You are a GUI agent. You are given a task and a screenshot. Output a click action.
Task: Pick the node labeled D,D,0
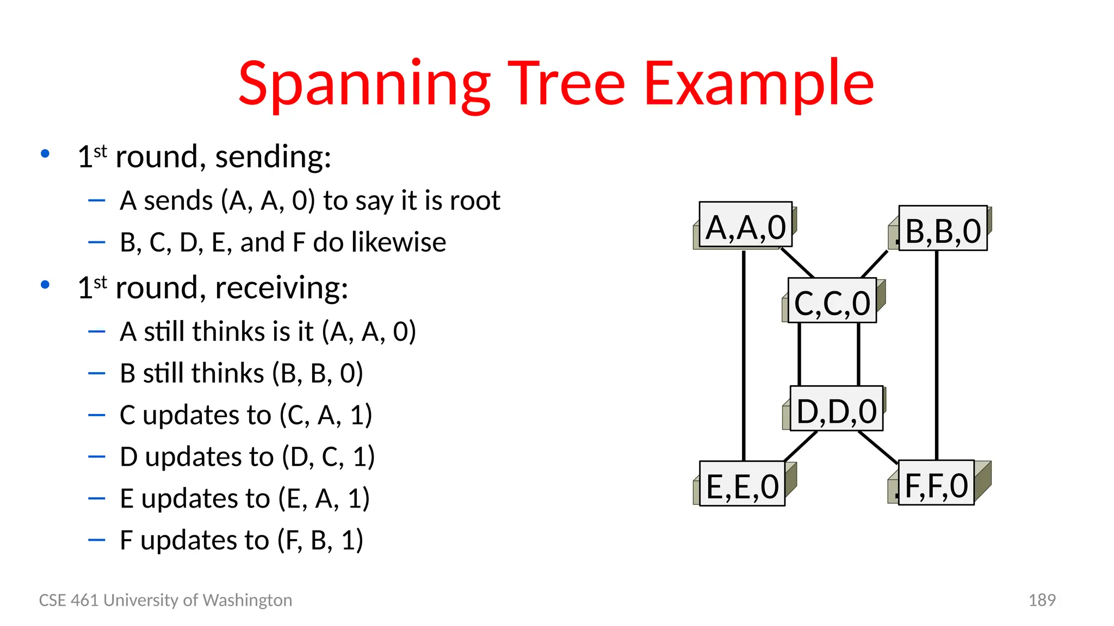click(836, 409)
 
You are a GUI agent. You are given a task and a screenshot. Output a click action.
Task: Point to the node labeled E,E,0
click(742, 484)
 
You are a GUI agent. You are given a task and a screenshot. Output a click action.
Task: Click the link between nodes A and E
click(744, 353)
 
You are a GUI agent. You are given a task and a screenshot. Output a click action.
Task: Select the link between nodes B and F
click(937, 353)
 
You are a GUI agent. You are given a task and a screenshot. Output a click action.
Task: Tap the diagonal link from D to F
click(878, 447)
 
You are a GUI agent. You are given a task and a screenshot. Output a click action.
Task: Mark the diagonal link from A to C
click(797, 263)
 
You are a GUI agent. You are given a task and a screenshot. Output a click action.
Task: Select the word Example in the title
click(758, 84)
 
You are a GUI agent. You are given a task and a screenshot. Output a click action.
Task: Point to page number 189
click(1042, 600)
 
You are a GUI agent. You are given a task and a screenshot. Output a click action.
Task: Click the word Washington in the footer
click(247, 600)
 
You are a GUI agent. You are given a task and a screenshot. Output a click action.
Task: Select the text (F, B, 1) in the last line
click(320, 540)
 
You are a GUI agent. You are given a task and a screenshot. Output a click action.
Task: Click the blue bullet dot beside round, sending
click(45, 154)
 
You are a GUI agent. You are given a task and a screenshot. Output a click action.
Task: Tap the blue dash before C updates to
click(96, 415)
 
